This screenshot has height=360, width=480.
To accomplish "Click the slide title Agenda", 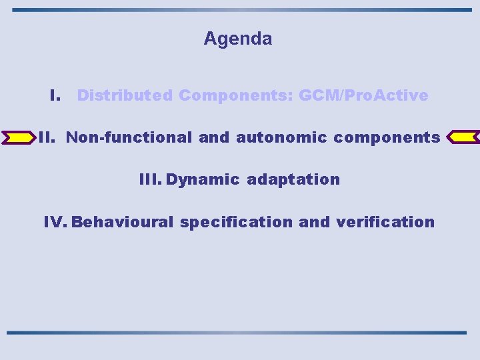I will (x=238, y=39).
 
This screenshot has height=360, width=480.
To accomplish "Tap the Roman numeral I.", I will (x=56, y=95).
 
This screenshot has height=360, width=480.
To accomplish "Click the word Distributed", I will (x=125, y=95).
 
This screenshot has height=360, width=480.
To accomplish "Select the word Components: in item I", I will (x=236, y=95).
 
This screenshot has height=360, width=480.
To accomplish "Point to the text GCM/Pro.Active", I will (x=363, y=95).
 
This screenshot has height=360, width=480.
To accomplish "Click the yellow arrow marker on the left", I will (x=19, y=137).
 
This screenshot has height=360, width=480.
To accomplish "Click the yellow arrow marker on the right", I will (x=462, y=137).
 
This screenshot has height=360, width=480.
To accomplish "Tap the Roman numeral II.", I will (x=46, y=137).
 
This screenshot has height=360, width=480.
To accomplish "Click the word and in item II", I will (x=213, y=137).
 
